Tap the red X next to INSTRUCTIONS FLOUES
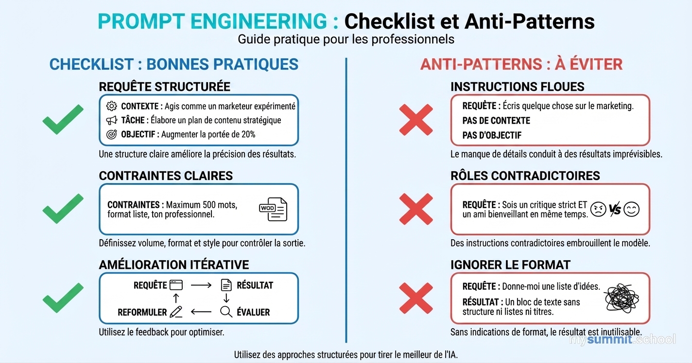pyautogui.click(x=415, y=119)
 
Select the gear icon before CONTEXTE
pyautogui.click(x=112, y=106)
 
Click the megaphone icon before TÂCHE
pyautogui.click(x=112, y=120)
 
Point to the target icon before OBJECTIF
pyautogui.click(x=112, y=134)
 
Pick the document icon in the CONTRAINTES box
pyautogui.click(x=273, y=209)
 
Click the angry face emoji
pyautogui.click(x=598, y=210)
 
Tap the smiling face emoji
pyautogui.click(x=631, y=210)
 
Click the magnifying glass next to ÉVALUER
pyautogui.click(x=226, y=312)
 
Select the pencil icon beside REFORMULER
pyautogui.click(x=176, y=312)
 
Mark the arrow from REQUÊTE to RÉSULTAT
pyautogui.click(x=201, y=285)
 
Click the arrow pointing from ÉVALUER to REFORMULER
pyautogui.click(x=201, y=312)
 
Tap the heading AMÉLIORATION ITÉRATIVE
pyautogui.click(x=173, y=264)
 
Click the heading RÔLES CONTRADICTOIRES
pyautogui.click(x=525, y=176)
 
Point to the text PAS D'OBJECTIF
pyautogui.click(x=491, y=135)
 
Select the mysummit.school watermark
pyautogui.click(x=623, y=339)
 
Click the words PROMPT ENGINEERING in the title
pyautogui.click(x=213, y=21)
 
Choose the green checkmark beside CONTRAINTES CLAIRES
pyautogui.click(x=63, y=209)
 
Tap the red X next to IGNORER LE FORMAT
pyautogui.click(x=415, y=298)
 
